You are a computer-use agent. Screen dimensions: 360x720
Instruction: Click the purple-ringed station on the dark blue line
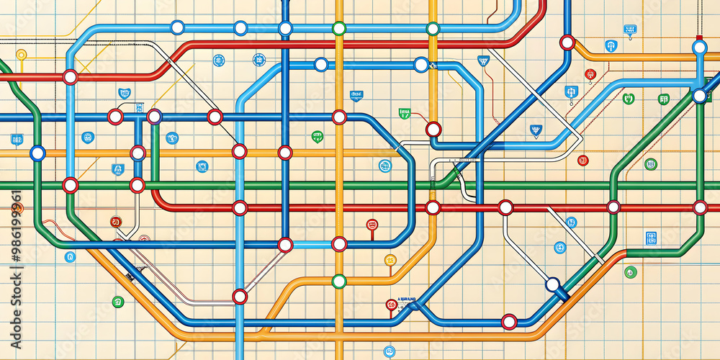(154, 117)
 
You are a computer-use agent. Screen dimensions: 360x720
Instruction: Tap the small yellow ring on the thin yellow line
(21, 54)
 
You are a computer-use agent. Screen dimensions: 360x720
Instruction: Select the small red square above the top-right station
(699, 37)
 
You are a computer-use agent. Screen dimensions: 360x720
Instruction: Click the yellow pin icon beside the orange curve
(390, 260)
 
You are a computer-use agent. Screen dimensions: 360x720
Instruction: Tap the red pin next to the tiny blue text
(391, 305)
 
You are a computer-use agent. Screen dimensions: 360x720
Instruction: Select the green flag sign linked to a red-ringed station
(405, 113)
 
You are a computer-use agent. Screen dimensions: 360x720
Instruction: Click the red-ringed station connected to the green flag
(433, 129)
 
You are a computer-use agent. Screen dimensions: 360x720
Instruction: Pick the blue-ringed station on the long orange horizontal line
(37, 153)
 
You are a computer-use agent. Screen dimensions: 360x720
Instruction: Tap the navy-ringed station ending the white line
(552, 284)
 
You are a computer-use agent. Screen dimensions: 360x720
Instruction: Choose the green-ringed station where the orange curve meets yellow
(339, 281)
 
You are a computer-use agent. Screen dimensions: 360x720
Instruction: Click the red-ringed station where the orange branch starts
(567, 42)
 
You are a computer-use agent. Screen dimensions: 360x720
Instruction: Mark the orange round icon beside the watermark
(18, 209)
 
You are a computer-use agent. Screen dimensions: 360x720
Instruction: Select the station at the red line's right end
(700, 207)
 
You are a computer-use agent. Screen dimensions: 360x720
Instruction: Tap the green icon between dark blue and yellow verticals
(317, 136)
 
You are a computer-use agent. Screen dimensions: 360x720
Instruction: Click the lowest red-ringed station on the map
(509, 321)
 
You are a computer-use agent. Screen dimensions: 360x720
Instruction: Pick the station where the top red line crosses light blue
(70, 77)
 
